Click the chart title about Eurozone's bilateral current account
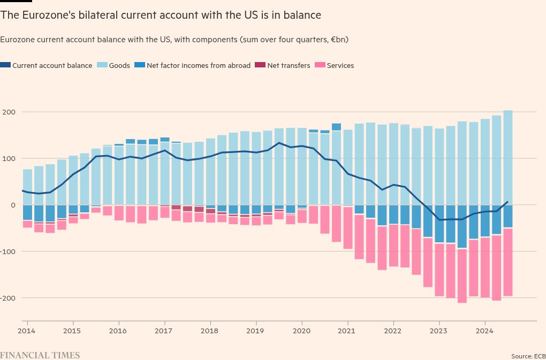click(161, 16)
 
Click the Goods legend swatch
click(102, 65)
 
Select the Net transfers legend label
click(289, 66)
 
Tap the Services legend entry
click(334, 65)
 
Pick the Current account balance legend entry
click(47, 65)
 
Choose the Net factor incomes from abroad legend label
click(199, 66)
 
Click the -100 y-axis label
click(8, 251)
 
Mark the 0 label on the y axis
click(13, 205)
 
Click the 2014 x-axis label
click(26, 331)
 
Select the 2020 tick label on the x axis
click(301, 331)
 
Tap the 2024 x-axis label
click(485, 331)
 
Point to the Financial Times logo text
click(40, 355)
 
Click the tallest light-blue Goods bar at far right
click(507, 158)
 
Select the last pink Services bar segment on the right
click(507, 262)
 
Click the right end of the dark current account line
click(507, 201)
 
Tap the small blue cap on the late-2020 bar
click(336, 127)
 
